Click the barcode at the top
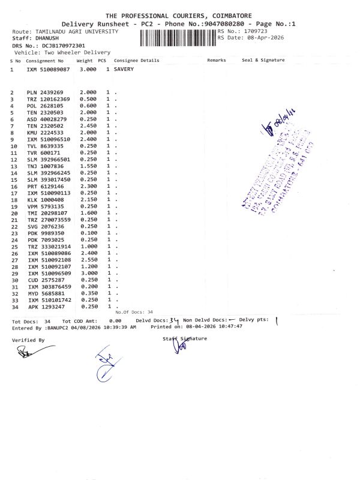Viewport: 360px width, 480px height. pos(177,37)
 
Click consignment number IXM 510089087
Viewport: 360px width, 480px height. pos(49,70)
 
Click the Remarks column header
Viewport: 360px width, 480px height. pos(217,61)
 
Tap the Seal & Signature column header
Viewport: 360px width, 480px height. pos(263,61)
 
